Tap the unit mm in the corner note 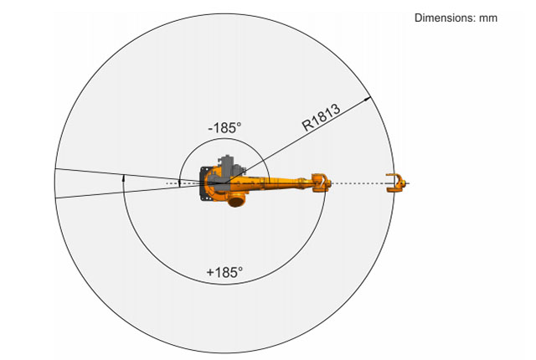click(x=488, y=18)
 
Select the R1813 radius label click(x=321, y=117)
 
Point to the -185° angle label click(x=224, y=128)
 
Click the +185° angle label click(x=224, y=272)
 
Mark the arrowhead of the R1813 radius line click(x=367, y=99)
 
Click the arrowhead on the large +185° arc click(x=124, y=177)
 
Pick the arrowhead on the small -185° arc click(x=179, y=183)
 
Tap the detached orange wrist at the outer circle click(x=396, y=183)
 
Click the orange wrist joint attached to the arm click(x=322, y=183)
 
